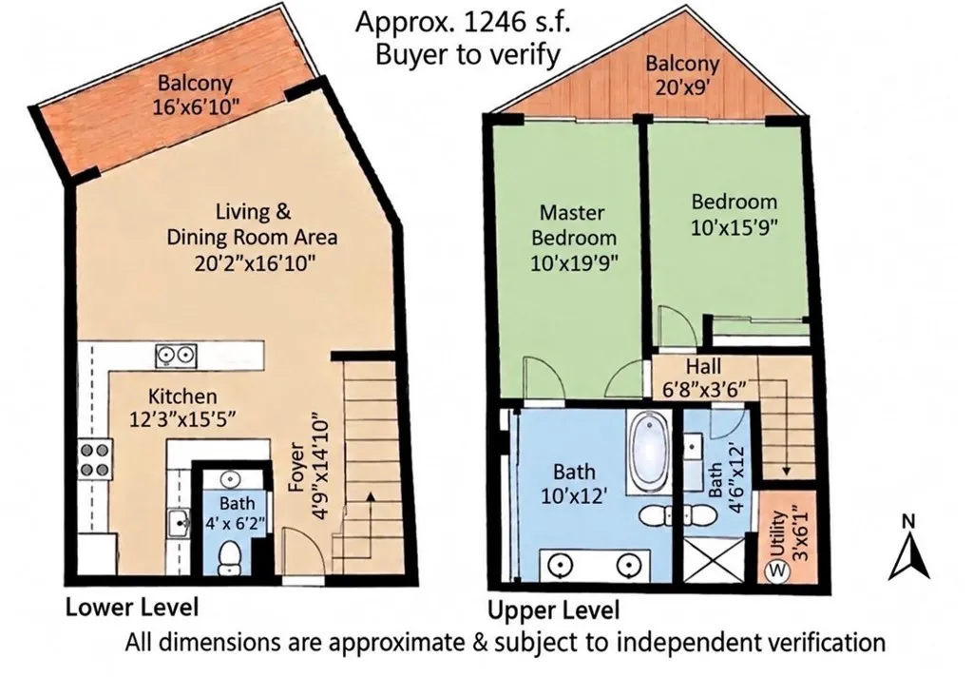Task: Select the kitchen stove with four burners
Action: point(94,458)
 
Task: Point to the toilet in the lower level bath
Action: point(230,557)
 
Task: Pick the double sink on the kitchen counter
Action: point(176,356)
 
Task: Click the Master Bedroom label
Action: point(573,224)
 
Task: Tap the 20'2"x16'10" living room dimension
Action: point(255,263)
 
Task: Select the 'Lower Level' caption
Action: point(132,607)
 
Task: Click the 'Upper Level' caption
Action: point(554,609)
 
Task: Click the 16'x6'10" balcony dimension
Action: point(196,106)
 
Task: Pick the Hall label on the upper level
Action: point(703,366)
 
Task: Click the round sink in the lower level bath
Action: point(231,479)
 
